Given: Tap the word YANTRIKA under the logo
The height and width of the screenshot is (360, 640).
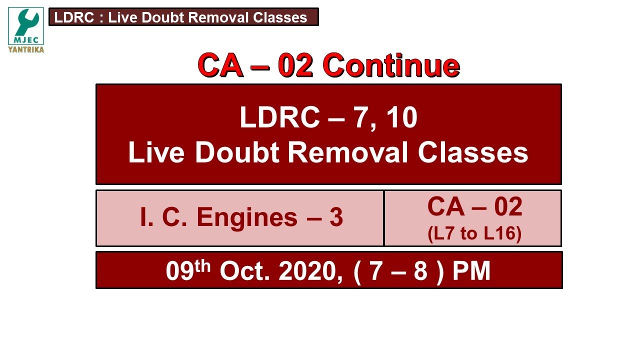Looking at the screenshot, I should pyautogui.click(x=26, y=49).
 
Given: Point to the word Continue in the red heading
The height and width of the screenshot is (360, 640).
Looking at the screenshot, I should pyautogui.click(x=391, y=65).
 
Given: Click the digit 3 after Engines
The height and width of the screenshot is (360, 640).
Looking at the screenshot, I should pyautogui.click(x=336, y=217).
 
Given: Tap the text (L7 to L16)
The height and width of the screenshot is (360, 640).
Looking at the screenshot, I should pyautogui.click(x=474, y=234).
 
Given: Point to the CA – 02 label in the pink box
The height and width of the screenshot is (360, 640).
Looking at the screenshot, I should pyautogui.click(x=474, y=207).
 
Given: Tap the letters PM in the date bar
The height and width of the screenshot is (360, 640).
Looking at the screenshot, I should pyautogui.click(x=471, y=271).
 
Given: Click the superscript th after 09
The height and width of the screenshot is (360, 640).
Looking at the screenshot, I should pyautogui.click(x=203, y=265).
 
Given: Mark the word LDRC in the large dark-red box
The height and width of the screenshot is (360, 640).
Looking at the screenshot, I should pyautogui.click(x=279, y=118).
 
